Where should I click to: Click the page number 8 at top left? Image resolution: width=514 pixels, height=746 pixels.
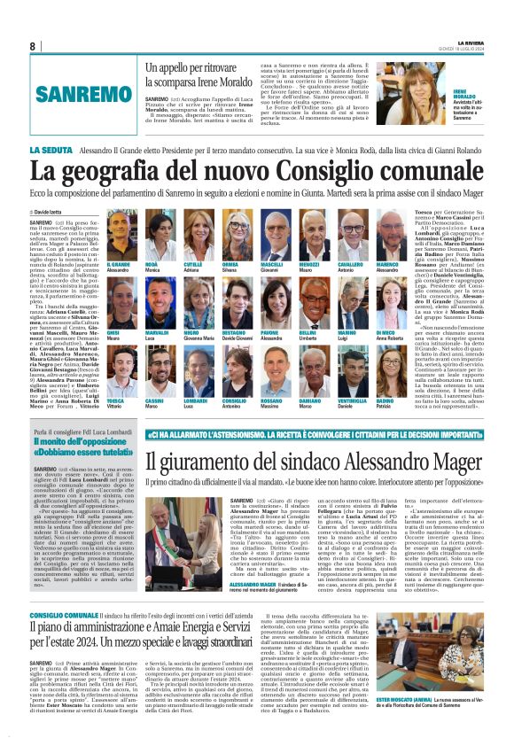pos(33,46)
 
